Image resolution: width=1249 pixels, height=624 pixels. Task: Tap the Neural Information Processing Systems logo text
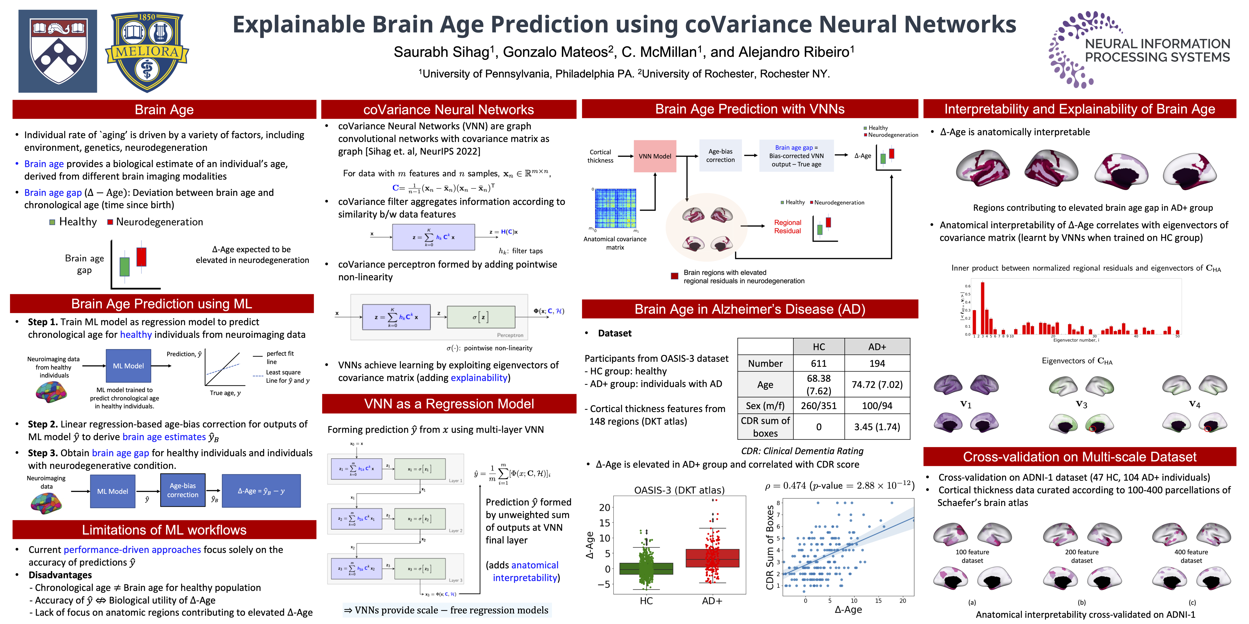pyautogui.click(x=1157, y=50)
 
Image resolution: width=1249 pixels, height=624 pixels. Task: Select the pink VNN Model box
pyautogui.click(x=655, y=156)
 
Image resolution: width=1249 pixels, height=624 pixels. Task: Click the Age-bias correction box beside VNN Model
pyautogui.click(x=721, y=156)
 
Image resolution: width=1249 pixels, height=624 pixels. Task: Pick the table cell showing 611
pyautogui.click(x=818, y=363)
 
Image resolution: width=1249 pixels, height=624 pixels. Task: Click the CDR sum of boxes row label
pyautogui.click(x=765, y=427)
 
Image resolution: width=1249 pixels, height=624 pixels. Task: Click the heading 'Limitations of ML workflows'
pyautogui.click(x=164, y=530)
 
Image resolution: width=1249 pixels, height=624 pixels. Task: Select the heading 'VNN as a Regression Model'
pyautogui.click(x=449, y=404)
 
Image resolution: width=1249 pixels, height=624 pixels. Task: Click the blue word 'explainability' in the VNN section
pyautogui.click(x=479, y=378)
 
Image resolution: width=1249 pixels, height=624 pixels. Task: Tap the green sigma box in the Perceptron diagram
pyautogui.click(x=481, y=317)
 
